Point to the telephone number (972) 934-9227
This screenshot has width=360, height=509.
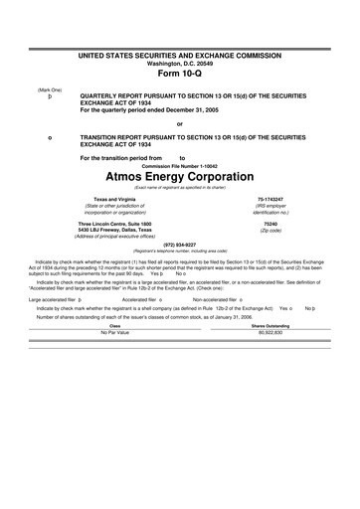click(179, 244)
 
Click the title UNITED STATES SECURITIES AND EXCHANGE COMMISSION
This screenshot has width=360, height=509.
click(179, 50)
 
